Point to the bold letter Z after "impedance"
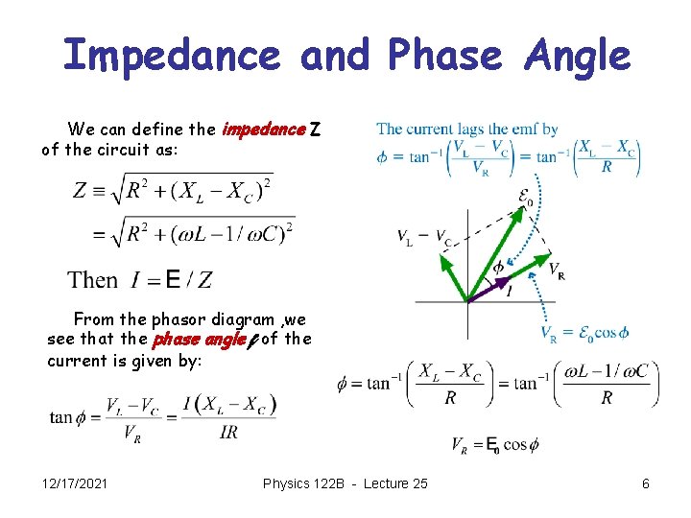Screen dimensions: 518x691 tap(318, 129)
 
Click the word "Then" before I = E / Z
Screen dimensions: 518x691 tap(93, 280)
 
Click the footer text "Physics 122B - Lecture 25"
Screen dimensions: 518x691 tap(345, 484)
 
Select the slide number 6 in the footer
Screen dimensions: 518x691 tap(646, 484)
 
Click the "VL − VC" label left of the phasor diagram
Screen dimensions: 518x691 tap(426, 238)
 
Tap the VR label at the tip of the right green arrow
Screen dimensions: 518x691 tap(556, 270)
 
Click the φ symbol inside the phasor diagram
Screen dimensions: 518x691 tap(498, 266)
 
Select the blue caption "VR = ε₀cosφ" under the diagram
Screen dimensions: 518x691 tap(584, 333)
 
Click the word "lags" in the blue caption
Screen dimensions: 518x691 tap(472, 129)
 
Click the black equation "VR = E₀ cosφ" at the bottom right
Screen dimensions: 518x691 tap(495, 445)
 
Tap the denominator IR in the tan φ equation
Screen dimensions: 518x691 tap(228, 433)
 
